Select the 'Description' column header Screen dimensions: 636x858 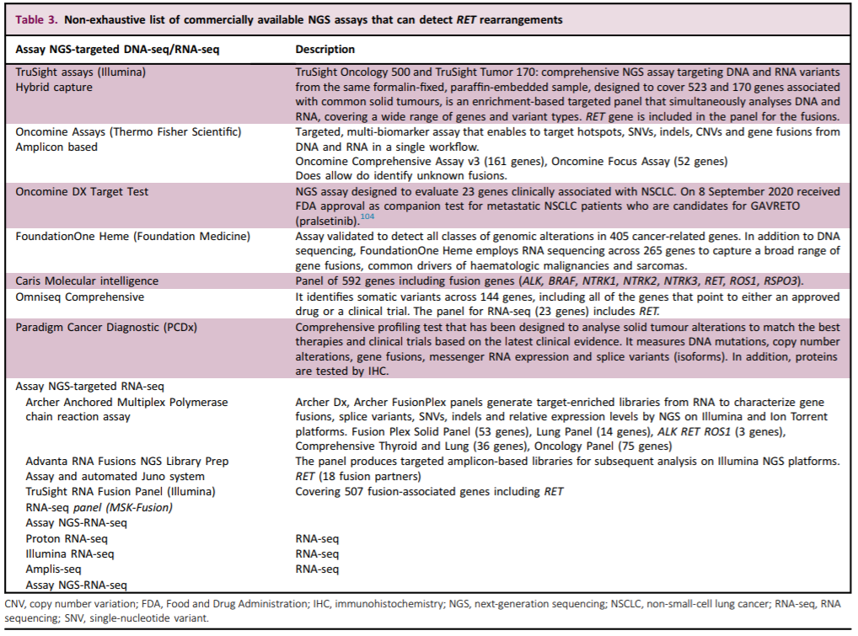coord(325,50)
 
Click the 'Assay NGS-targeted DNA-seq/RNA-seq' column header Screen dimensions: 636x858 coord(118,50)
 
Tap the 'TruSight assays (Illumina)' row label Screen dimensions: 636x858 coord(81,72)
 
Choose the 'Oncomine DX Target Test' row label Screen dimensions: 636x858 coord(82,191)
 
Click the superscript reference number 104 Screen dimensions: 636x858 coord(368,217)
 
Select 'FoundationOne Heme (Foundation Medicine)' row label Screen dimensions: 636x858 coord(131,237)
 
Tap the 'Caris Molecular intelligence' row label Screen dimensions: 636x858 coord(87,281)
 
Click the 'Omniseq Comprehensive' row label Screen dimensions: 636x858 coord(79,297)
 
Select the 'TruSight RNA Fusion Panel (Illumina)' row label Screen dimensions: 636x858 coord(118,491)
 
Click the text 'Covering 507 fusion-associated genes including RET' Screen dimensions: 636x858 coord(429,491)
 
